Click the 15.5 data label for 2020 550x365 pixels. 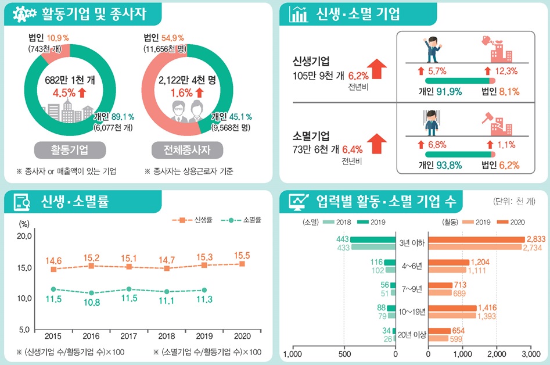click(242, 255)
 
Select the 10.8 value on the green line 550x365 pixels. click(91, 302)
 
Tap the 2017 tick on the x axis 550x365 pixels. click(128, 336)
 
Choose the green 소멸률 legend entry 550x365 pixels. click(243, 220)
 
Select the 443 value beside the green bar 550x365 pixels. click(341, 239)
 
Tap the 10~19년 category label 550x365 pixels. click(412, 312)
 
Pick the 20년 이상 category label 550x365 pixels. click(412, 334)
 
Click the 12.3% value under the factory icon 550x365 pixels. click(504, 71)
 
